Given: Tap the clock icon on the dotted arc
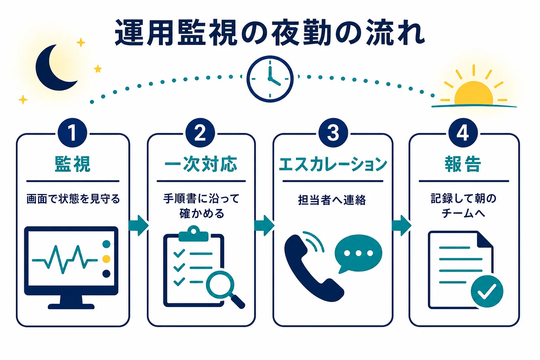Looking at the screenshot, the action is [x=270, y=79].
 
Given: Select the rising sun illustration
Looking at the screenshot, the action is [x=474, y=93].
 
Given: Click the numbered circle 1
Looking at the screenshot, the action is [x=72, y=133].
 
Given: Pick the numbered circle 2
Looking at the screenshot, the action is [x=200, y=133].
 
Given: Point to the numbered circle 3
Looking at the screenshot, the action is [x=333, y=133].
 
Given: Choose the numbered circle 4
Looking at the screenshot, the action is [x=463, y=133].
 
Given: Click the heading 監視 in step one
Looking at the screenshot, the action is [x=72, y=164].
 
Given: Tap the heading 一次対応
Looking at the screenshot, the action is [x=201, y=164].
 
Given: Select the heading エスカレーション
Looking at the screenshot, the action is [x=333, y=164].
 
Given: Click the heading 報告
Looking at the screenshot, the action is [x=463, y=164].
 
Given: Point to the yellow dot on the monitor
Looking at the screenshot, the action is [x=106, y=259].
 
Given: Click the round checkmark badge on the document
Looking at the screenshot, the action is [x=487, y=291].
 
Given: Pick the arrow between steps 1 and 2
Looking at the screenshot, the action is [x=139, y=225].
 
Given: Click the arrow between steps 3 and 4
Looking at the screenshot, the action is [x=401, y=225].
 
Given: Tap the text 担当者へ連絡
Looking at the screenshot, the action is [x=332, y=200].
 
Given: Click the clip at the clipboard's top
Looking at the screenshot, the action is [x=193, y=234].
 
